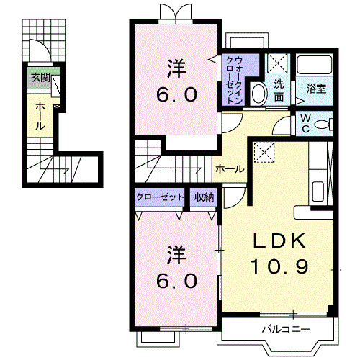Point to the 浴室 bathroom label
click(315, 89)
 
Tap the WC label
click(305, 122)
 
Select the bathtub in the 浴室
click(315, 66)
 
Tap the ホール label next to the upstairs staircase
click(229, 168)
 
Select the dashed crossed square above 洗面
click(278, 63)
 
